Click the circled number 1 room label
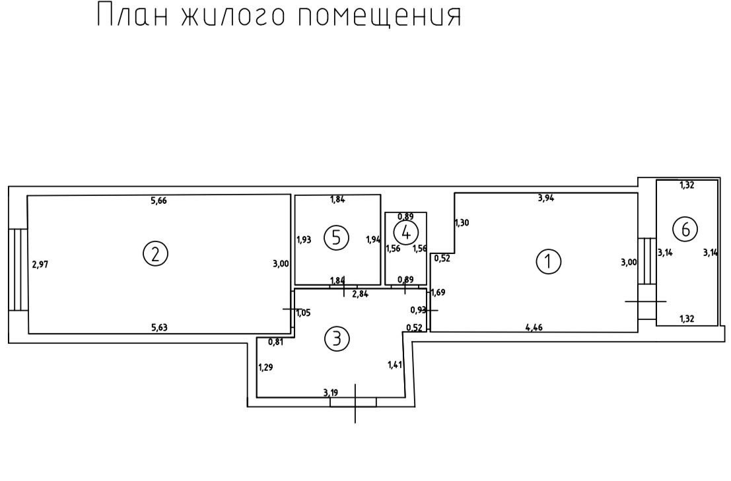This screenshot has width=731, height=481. tap(548, 261)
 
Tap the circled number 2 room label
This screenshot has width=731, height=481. tap(155, 254)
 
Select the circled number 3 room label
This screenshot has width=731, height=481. tap(336, 338)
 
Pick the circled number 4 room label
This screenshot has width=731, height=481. tap(406, 232)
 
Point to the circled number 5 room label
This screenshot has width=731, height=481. tap(336, 238)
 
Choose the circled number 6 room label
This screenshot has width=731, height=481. tap(685, 229)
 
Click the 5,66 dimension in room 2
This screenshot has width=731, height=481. tap(159, 201)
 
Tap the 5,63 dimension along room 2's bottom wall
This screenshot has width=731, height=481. tap(159, 327)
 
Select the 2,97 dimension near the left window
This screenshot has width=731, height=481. tap(40, 265)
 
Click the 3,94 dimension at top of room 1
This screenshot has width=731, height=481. tap(546, 198)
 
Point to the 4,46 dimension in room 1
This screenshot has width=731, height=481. tap(534, 327)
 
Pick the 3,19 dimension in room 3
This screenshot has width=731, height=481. tap(331, 393)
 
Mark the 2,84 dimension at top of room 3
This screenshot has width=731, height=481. tap(361, 294)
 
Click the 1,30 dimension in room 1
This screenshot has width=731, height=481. tap(462, 222)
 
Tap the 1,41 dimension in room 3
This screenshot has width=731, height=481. tap(395, 365)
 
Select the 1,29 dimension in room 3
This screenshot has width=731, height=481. tap(265, 368)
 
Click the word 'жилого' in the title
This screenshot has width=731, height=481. tap(232, 15)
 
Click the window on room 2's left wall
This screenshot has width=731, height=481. tap(18, 269)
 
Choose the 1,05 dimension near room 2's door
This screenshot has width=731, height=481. tap(304, 313)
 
